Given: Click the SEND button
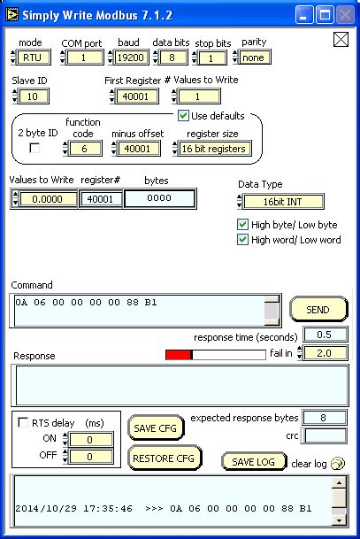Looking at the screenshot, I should pyautogui.click(x=318, y=309).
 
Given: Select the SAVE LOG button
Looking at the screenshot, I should pyautogui.click(x=253, y=461).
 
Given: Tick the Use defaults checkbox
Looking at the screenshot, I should pyautogui.click(x=184, y=116).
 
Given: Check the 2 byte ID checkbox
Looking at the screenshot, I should pyautogui.click(x=35, y=149).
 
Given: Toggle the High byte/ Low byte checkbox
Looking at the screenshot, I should pyautogui.click(x=243, y=225).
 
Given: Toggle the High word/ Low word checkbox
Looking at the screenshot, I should pyautogui.click(x=243, y=240).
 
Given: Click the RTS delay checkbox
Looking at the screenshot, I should pyautogui.click(x=23, y=423).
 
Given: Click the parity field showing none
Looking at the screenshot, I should pyautogui.click(x=254, y=58).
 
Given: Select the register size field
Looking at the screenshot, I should pyautogui.click(x=214, y=149).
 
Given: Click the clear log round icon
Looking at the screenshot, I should pyautogui.click(x=337, y=462).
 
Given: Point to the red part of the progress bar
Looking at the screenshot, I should pyautogui.click(x=178, y=355).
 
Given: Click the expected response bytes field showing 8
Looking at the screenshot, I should pyautogui.click(x=325, y=418).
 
